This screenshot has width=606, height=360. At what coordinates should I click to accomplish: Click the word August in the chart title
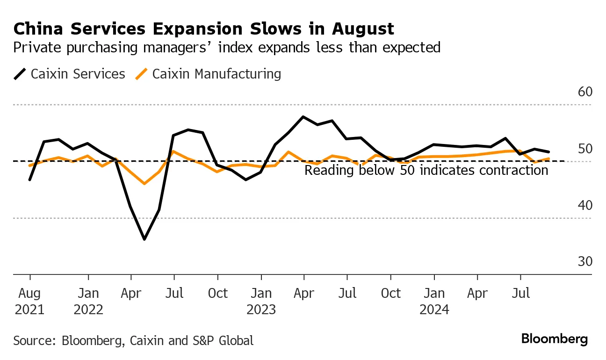click(363, 29)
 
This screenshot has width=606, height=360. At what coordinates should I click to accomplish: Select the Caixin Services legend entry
click(70, 74)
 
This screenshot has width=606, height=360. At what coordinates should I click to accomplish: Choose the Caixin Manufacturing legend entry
click(209, 74)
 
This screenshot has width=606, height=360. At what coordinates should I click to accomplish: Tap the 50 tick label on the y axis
click(585, 149)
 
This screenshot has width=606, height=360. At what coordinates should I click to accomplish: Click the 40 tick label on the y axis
click(585, 206)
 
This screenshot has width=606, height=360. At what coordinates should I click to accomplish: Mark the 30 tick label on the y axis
click(585, 262)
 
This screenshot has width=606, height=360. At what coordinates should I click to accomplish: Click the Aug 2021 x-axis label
click(29, 301)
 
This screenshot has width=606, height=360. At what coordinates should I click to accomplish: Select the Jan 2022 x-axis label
click(88, 301)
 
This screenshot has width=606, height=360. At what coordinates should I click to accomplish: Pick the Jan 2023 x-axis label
click(261, 301)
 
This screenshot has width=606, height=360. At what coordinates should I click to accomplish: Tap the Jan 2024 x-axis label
click(434, 301)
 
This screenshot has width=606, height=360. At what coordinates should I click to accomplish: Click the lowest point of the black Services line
click(144, 239)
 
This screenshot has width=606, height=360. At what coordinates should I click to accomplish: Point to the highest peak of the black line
click(303, 117)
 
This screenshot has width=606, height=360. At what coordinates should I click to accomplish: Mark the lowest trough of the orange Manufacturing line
click(144, 183)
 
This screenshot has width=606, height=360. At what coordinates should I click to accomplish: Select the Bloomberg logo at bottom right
click(555, 339)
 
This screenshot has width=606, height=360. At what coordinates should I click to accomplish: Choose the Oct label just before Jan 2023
click(217, 294)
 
